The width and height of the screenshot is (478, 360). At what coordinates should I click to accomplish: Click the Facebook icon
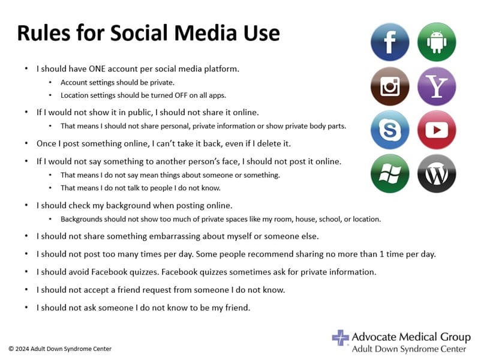[x=390, y=42]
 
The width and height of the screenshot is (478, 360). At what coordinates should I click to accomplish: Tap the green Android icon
[x=437, y=42]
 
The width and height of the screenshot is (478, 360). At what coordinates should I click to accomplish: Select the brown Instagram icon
[x=390, y=86]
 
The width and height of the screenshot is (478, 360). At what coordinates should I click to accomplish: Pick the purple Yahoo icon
[x=437, y=86]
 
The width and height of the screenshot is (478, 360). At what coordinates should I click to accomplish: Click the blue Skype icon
[x=390, y=130]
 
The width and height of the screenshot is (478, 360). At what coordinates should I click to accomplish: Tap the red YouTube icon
[x=437, y=130]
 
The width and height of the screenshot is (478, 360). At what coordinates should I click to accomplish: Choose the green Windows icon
[x=390, y=173]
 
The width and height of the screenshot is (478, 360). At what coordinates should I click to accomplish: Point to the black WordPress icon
[x=437, y=173]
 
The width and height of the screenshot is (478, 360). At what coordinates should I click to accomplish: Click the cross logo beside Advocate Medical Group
[x=340, y=337]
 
